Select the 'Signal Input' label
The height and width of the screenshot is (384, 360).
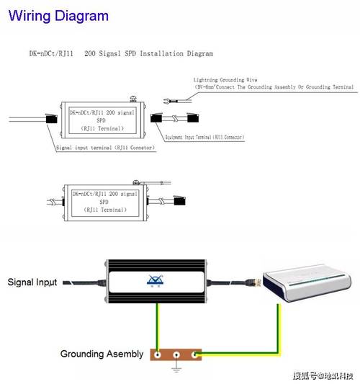point(32,282)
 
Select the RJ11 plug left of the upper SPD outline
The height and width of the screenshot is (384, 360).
point(50,120)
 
